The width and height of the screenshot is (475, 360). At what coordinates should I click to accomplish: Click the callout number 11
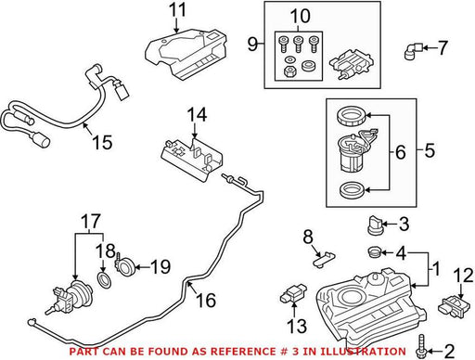pos(177,10)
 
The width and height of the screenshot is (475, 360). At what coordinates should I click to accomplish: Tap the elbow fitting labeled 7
pos(413,51)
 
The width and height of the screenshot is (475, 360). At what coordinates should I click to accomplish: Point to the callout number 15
pos(102,142)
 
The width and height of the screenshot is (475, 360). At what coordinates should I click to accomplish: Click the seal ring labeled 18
pos(104,280)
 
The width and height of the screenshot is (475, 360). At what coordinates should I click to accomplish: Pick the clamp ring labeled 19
pos(124,266)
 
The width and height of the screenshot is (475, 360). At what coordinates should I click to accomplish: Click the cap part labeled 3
pos(374,225)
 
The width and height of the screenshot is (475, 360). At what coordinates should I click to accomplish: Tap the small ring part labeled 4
pos(375,252)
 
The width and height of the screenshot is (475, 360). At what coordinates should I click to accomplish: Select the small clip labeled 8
pos(324,258)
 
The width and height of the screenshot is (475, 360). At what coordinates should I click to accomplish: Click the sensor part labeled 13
pos(293,294)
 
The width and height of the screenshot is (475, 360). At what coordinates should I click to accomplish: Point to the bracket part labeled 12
pos(452,306)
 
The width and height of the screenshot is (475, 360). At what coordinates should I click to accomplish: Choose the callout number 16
pos(206,300)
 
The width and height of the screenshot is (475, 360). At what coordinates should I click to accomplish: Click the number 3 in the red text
pos(285,352)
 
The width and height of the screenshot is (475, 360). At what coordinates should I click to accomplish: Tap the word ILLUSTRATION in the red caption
pos(362,352)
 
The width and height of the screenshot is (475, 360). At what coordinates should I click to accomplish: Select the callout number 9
pos(252,45)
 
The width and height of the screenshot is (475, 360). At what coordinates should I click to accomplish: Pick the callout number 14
pos(197,114)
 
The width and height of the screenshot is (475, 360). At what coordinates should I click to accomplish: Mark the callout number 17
pos(91,221)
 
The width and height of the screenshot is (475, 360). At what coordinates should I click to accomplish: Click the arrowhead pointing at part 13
pos(294,305)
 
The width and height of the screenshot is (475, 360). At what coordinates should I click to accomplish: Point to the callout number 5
pos(430,150)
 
